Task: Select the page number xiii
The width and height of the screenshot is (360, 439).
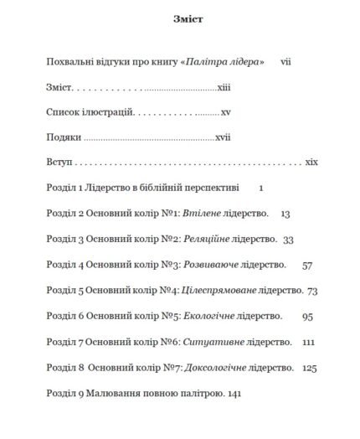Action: [224, 86]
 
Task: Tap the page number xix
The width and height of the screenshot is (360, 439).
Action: [311, 162]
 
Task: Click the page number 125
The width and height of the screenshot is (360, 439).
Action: [311, 368]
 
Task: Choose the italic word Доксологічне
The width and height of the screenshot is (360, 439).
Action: [217, 368]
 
